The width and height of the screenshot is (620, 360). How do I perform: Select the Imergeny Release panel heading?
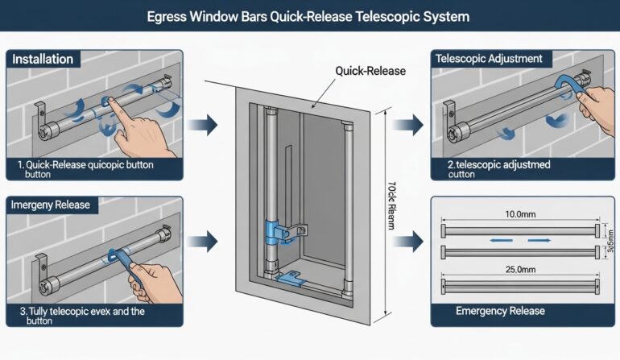click(x=52, y=205)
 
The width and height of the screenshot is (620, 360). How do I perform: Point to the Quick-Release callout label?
click(x=370, y=71)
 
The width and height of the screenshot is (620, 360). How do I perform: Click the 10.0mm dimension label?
click(x=520, y=215)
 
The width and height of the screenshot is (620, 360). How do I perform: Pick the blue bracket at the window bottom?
click(x=291, y=279)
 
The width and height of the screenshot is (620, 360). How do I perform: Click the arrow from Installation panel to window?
click(x=207, y=125)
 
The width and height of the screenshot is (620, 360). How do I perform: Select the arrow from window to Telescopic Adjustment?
click(x=411, y=125)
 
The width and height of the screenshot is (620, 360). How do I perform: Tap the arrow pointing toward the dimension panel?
click(x=411, y=241)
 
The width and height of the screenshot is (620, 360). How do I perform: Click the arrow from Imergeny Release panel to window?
click(x=207, y=239)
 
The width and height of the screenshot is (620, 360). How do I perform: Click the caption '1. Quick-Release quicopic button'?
click(x=85, y=169)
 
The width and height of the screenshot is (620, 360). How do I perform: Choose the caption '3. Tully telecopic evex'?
click(x=76, y=315)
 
